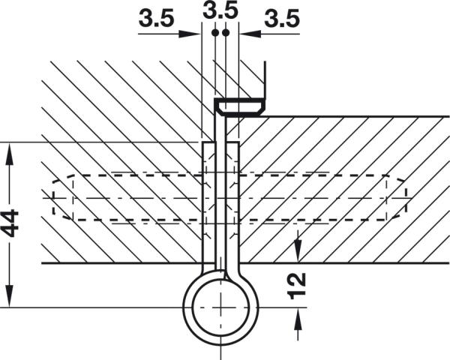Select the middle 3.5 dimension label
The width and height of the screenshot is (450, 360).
point(220,10)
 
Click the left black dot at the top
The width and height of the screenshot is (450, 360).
point(215,33)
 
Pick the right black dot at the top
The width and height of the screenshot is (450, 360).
point(226,33)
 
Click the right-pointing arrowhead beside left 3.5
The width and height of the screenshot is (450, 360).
point(189,34)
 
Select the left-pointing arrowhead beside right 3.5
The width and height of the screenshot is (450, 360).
point(250,34)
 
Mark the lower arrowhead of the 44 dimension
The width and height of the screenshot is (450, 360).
point(10,296)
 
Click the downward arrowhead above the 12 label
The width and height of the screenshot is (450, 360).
point(298,251)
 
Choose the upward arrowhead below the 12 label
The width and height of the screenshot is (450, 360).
point(298,319)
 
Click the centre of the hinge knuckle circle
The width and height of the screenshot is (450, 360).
point(220,307)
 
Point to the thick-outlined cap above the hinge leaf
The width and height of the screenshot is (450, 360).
point(240,107)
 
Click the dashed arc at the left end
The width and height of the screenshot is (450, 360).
point(62,197)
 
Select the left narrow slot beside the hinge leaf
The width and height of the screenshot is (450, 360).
point(208,202)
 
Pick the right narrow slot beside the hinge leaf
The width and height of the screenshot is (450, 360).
point(232,202)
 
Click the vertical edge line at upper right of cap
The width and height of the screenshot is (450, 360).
point(265,79)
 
